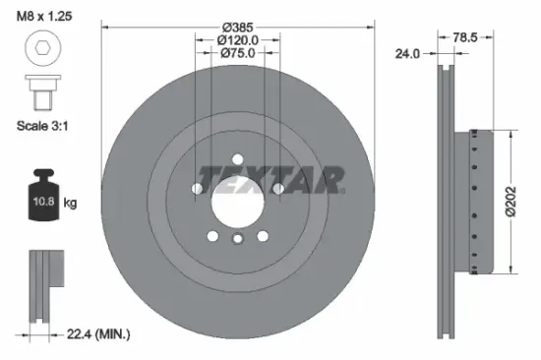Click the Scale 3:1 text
pyautogui.click(x=45, y=127)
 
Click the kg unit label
pyautogui.click(x=71, y=203)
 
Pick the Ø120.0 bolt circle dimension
pyautogui.click(x=238, y=39)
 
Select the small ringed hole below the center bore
pyautogui.click(x=237, y=240)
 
